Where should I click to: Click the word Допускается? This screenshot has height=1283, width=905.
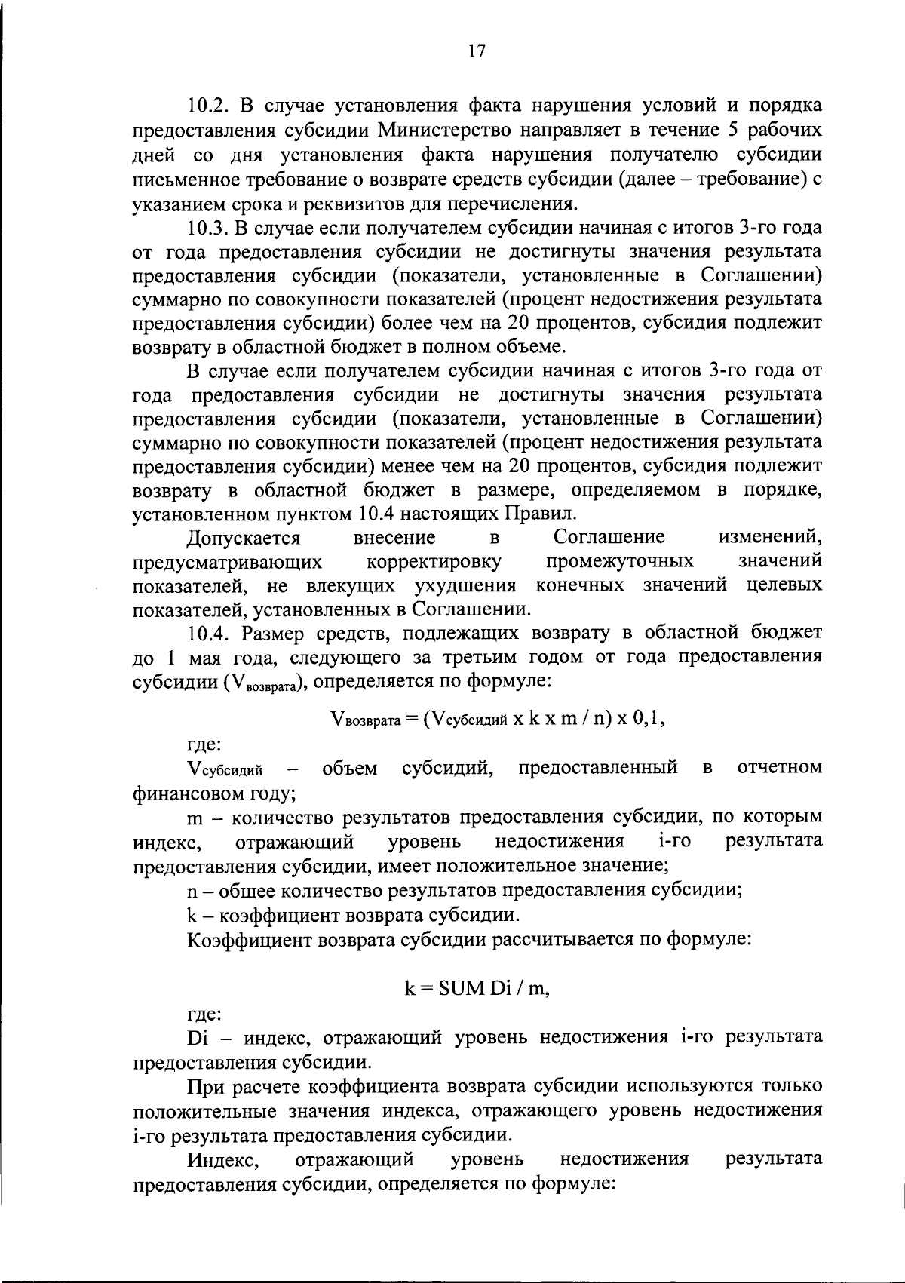244,538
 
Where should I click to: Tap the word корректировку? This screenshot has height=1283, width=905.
434,562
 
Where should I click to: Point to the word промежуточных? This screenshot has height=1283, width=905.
619,562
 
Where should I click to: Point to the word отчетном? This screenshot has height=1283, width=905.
779,769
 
